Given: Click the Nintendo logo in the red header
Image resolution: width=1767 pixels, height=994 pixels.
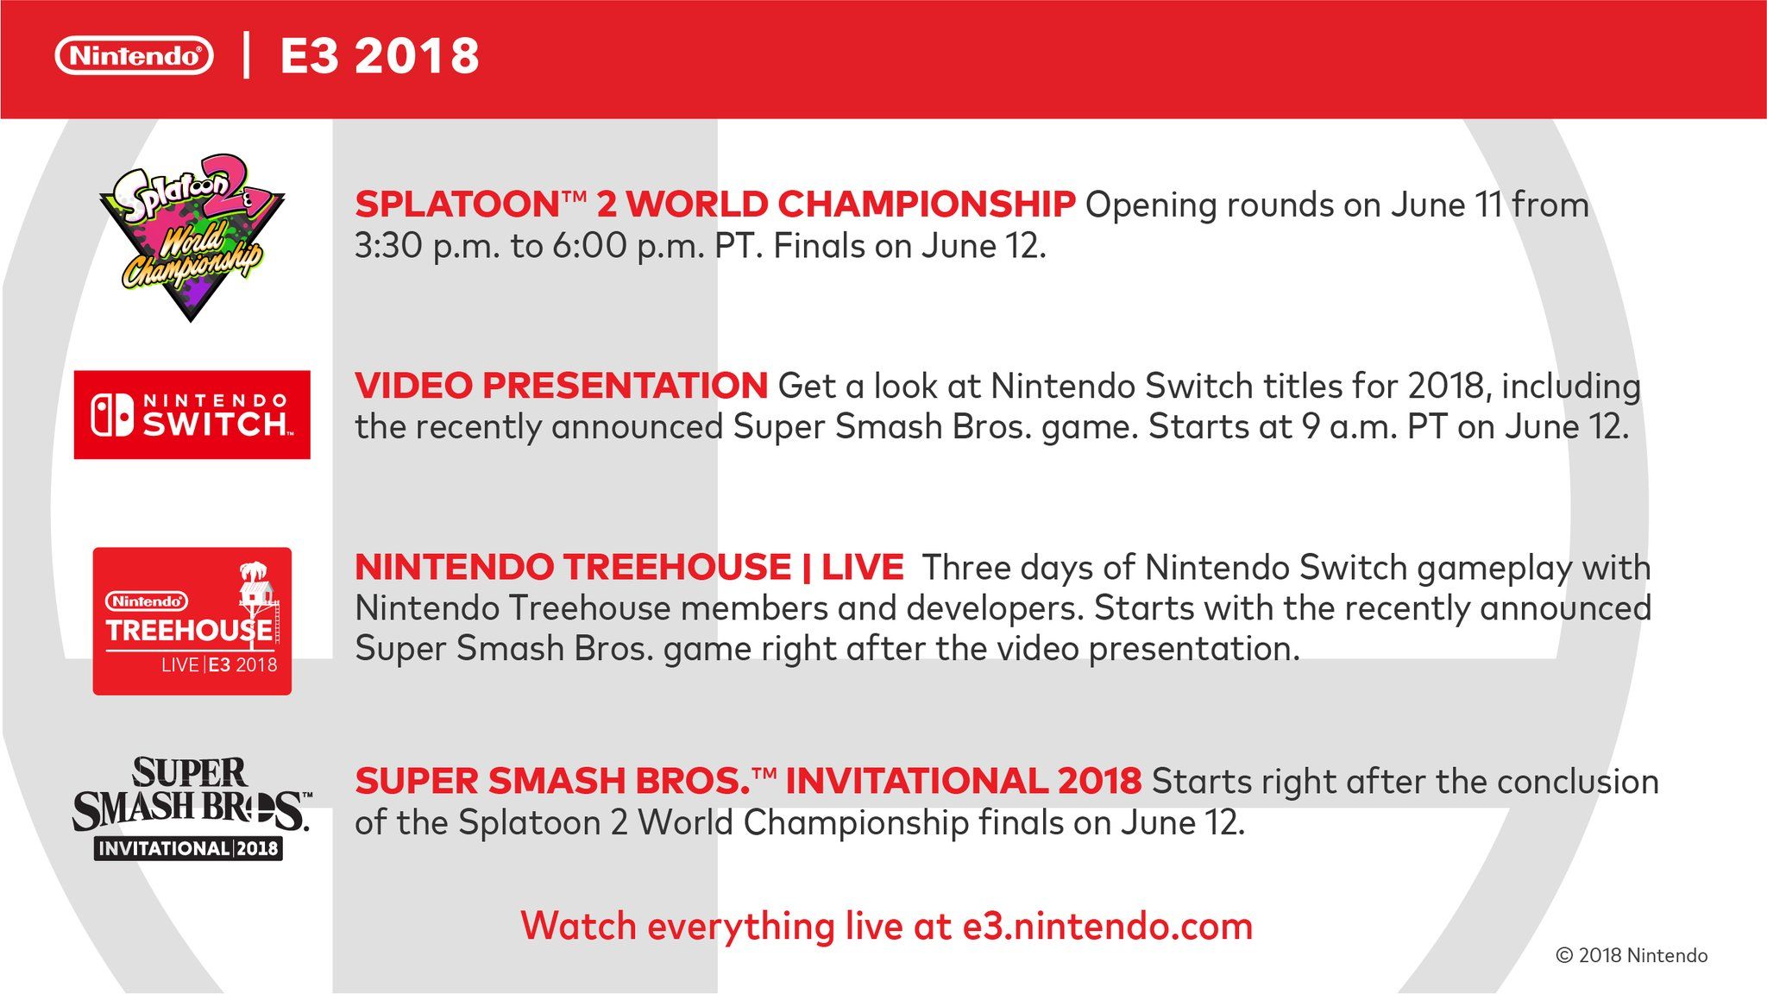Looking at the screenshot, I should [x=134, y=56].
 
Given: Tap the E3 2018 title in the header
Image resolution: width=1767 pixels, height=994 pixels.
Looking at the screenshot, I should [x=380, y=56].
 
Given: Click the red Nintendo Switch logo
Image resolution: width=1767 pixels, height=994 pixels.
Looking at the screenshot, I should [x=192, y=415].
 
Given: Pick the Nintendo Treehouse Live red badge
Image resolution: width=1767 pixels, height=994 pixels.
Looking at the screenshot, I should [x=192, y=621].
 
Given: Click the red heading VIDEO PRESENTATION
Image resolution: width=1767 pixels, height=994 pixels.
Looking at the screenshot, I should [x=561, y=386].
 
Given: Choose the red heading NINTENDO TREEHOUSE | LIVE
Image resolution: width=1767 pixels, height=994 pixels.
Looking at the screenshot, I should [x=629, y=568].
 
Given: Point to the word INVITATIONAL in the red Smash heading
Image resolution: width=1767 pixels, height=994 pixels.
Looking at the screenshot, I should [x=916, y=782].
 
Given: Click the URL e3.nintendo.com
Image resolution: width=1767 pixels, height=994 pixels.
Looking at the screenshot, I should [x=1108, y=927].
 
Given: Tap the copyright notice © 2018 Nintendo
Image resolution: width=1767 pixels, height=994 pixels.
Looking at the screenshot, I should [x=1632, y=955].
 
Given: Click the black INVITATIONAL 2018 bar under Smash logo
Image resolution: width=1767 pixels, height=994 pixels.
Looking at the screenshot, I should [x=189, y=848].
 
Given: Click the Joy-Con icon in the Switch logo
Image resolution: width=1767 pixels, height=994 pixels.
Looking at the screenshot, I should [x=112, y=415].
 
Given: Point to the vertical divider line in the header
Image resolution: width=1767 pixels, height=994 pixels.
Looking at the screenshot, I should [x=247, y=56].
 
